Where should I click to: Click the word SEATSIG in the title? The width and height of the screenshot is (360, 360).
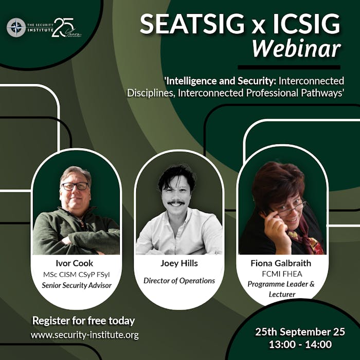[192, 24]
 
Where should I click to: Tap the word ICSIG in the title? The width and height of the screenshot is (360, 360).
[307, 24]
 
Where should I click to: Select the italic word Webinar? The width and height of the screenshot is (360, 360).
[296, 49]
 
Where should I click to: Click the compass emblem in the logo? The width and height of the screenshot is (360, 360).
[16, 28]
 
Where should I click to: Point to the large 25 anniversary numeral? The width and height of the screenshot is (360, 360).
[63, 27]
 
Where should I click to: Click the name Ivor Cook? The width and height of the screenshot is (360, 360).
[75, 263]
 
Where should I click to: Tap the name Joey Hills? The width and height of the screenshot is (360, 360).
[179, 263]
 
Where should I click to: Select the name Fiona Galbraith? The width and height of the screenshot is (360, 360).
[281, 263]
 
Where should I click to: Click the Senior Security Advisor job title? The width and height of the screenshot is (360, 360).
[77, 285]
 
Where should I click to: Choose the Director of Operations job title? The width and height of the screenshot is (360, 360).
[179, 281]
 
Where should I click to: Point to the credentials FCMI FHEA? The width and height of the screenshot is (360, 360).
[282, 274]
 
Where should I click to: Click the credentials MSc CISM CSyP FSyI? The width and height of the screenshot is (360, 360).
[77, 275]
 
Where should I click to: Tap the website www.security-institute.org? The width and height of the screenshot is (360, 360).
[85, 335]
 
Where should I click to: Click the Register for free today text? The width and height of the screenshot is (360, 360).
[83, 321]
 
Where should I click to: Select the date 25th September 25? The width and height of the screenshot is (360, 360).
[300, 332]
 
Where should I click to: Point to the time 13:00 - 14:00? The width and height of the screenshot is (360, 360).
[300, 345]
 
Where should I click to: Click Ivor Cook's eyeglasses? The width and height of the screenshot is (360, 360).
[75, 186]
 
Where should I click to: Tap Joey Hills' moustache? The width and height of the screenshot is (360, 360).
[176, 203]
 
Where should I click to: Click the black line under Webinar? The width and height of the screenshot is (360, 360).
[289, 67]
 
